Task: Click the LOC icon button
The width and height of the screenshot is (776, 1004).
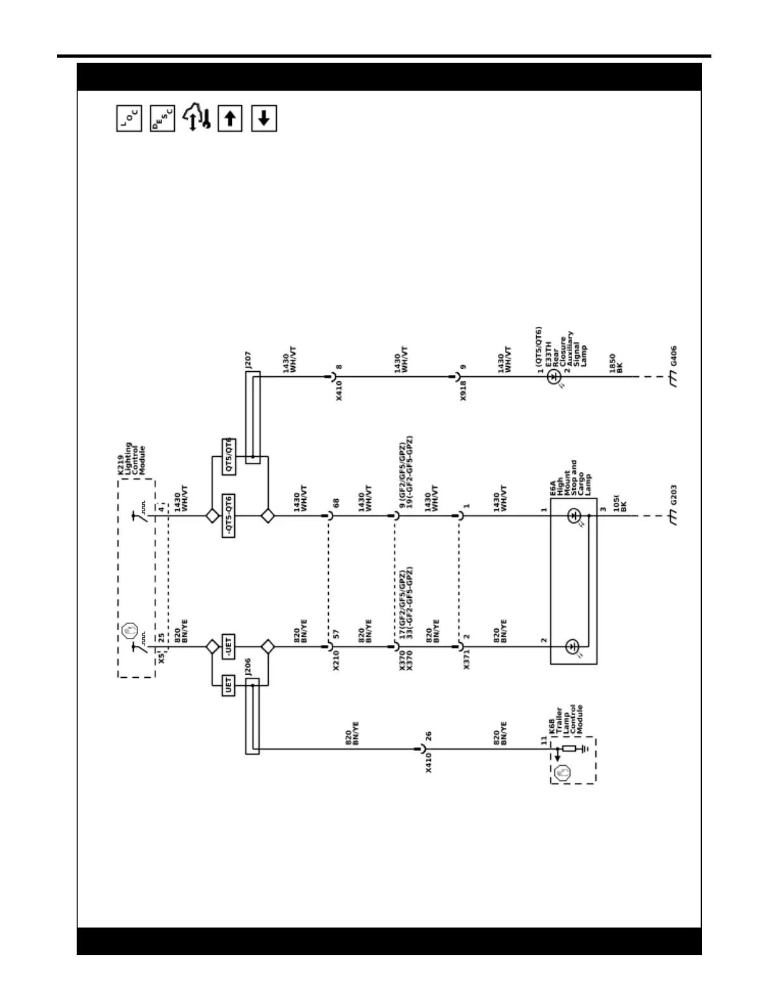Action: click(x=129, y=118)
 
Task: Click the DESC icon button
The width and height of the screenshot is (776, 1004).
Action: click(x=162, y=118)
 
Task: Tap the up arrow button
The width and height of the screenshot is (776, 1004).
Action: click(x=230, y=118)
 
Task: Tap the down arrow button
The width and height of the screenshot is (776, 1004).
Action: click(x=264, y=118)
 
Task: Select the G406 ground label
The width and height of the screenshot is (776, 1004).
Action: click(x=673, y=356)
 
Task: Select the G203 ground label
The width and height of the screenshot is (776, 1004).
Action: click(x=673, y=495)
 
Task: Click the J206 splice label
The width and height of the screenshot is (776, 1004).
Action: click(x=248, y=667)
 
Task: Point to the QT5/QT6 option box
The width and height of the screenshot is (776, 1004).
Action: click(x=229, y=456)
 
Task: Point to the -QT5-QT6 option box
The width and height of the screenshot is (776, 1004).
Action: click(x=229, y=516)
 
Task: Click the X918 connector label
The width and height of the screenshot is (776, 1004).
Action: click(x=464, y=391)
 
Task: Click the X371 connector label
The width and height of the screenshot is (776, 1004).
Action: click(x=467, y=660)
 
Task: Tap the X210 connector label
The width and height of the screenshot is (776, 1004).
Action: click(x=336, y=660)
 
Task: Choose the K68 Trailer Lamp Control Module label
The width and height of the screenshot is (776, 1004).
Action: click(x=566, y=720)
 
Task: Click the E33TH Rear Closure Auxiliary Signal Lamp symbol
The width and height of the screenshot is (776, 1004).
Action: click(x=554, y=377)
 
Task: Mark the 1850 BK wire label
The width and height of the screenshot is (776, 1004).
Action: click(x=616, y=363)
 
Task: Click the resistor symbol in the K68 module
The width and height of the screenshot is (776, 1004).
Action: click(x=569, y=749)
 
